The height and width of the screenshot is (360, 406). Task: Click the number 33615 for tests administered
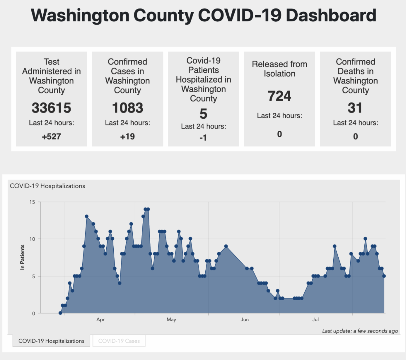[51, 108]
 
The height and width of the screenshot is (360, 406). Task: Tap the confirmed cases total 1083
[128, 108]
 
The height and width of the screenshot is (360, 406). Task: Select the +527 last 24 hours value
[51, 137]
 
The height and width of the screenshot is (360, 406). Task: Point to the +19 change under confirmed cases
[128, 137]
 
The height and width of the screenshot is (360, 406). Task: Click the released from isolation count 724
[279, 96]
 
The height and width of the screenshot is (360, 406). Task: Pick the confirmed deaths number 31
[355, 108]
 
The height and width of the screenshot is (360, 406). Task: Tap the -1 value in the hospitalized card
[203, 138]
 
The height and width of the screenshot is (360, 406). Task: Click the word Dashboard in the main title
[331, 16]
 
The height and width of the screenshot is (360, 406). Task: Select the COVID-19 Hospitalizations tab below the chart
[51, 341]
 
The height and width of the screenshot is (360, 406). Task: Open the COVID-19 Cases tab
[119, 341]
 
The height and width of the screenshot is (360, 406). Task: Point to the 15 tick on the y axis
[32, 202]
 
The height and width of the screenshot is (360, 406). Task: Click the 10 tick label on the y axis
[32, 239]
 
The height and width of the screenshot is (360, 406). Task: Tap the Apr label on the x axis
[100, 319]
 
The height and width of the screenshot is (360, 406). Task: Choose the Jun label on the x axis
[245, 319]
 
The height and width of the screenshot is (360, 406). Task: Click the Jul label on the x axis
[315, 319]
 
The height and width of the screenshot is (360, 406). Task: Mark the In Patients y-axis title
[22, 257]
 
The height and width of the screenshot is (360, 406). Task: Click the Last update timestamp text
[360, 331]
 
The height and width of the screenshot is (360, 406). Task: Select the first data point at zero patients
[61, 313]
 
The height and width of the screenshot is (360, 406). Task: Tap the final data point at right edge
[384, 276]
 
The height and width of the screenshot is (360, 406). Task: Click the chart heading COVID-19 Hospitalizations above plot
[47, 186]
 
